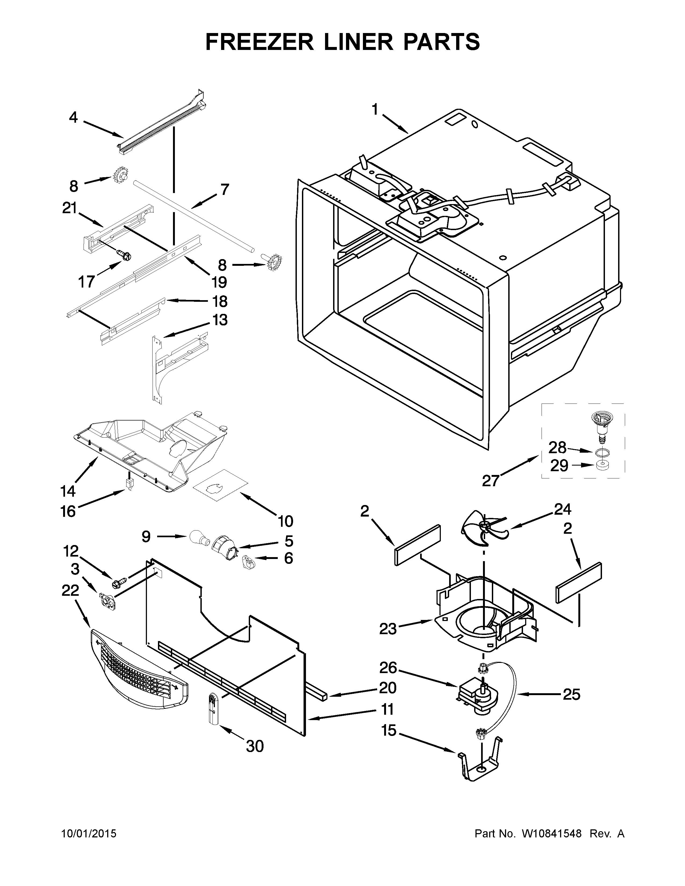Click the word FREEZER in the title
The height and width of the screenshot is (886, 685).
(260, 42)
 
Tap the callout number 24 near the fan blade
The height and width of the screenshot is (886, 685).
(563, 509)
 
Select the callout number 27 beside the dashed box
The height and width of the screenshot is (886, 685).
(490, 481)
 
